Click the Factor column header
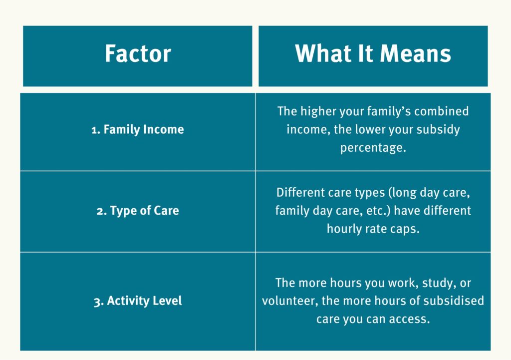click(x=138, y=54)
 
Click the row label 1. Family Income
click(x=138, y=129)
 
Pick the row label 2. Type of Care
click(x=138, y=211)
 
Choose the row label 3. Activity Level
click(x=138, y=301)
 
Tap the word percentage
click(x=373, y=148)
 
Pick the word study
click(x=437, y=283)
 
